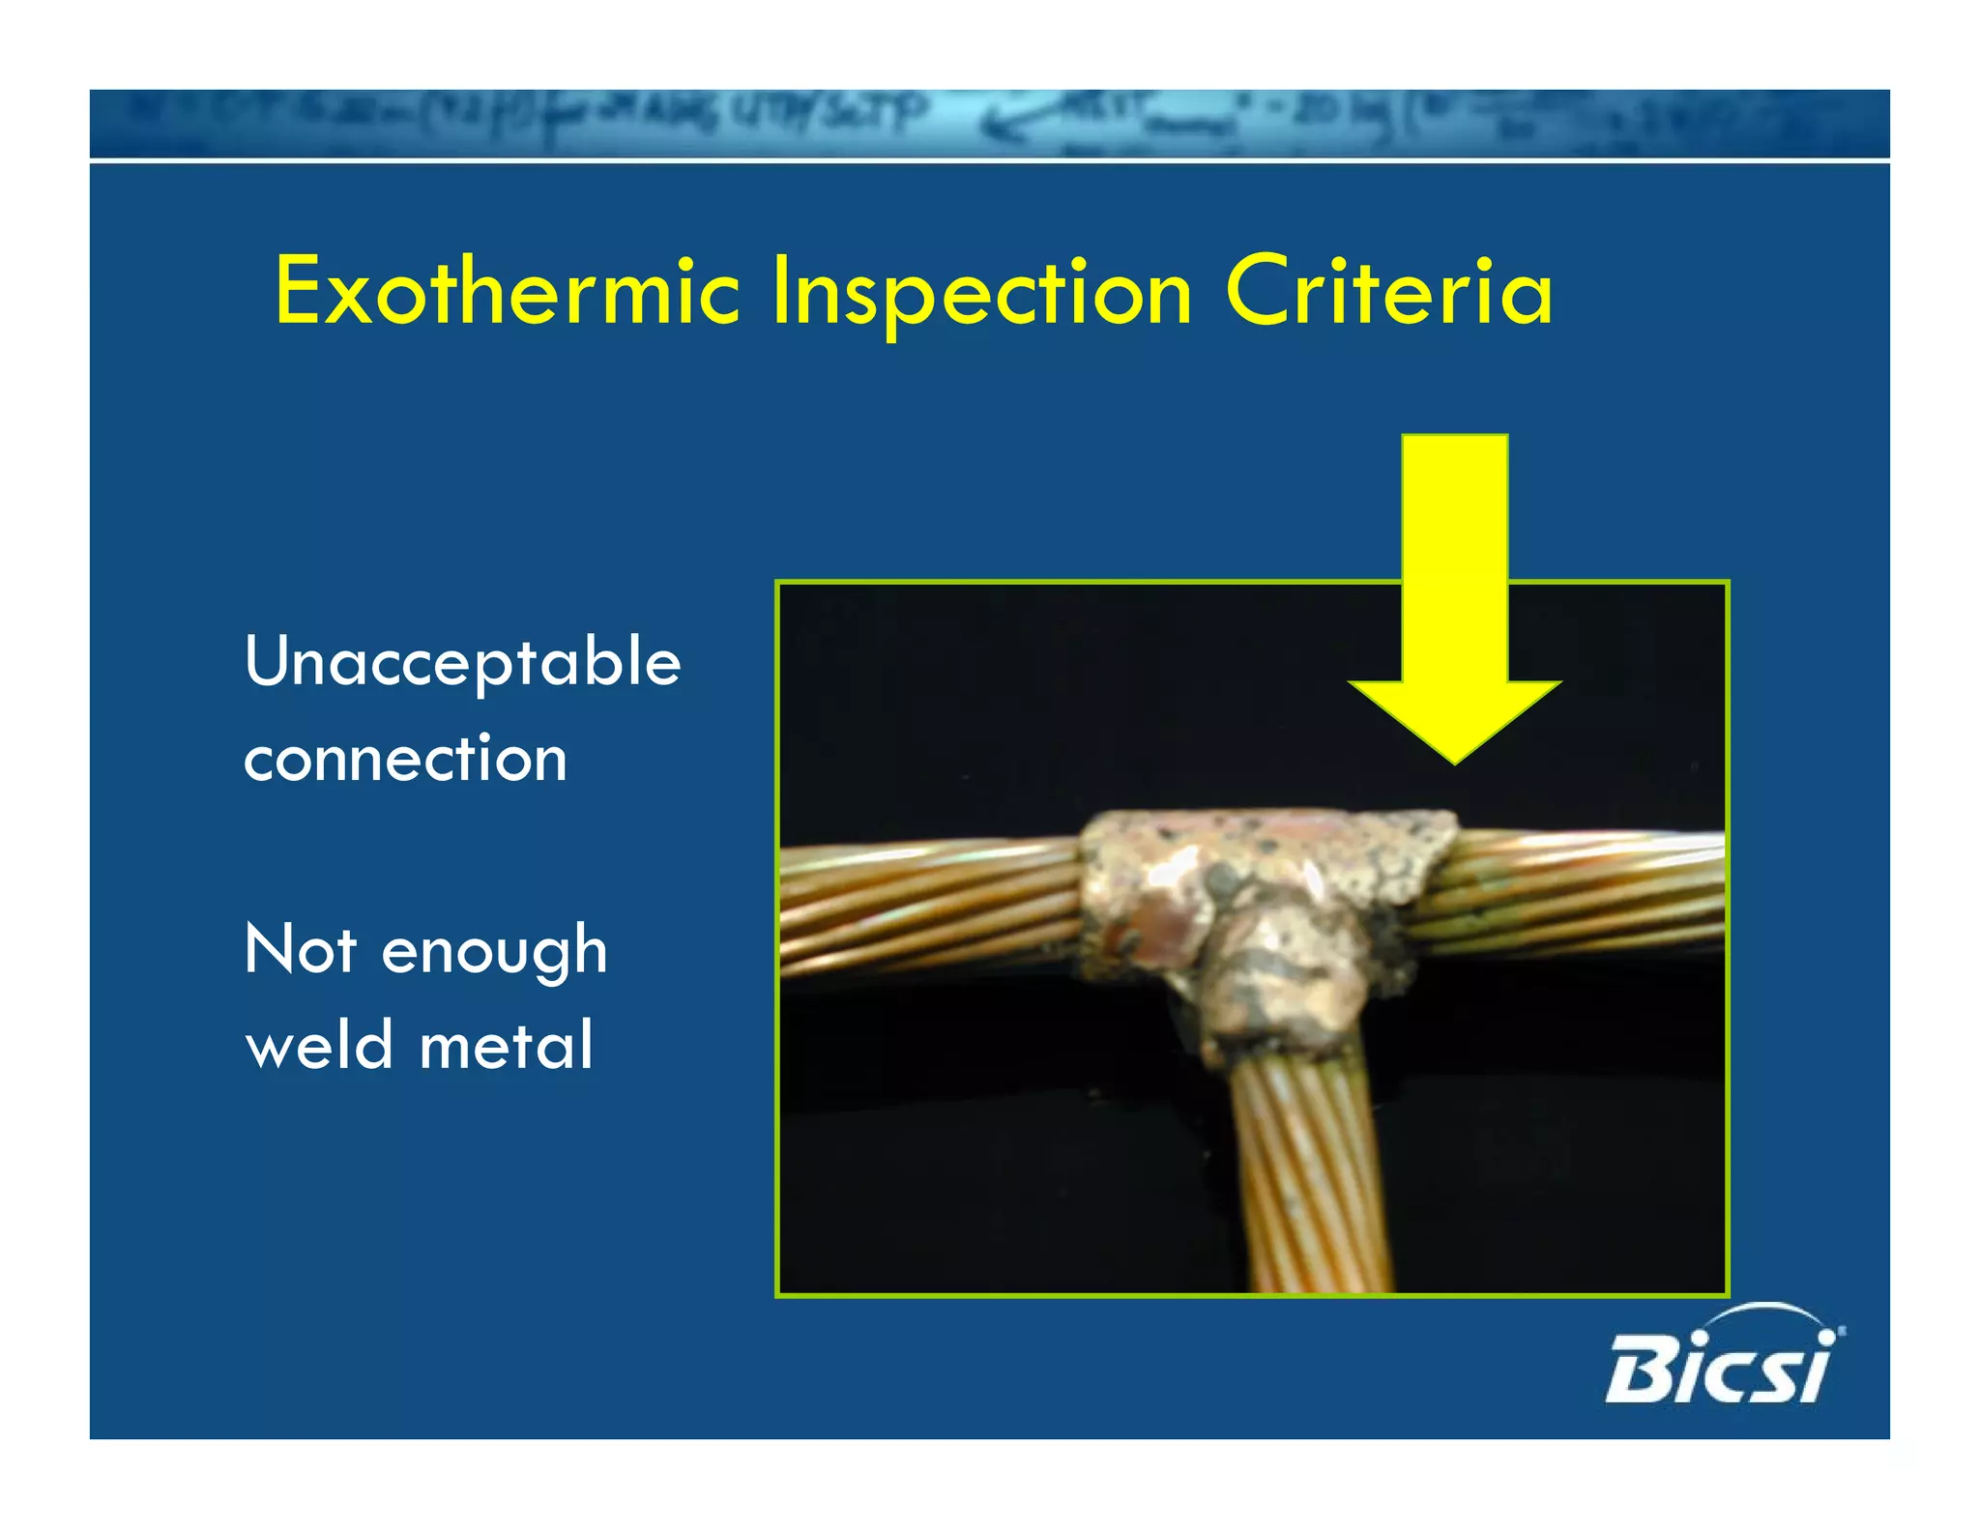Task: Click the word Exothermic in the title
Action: tap(507, 292)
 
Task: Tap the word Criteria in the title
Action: tap(1388, 292)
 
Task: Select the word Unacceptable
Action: tap(462, 664)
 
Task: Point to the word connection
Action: tap(405, 759)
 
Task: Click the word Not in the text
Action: tap(301, 949)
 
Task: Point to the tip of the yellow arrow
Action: tap(1455, 760)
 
